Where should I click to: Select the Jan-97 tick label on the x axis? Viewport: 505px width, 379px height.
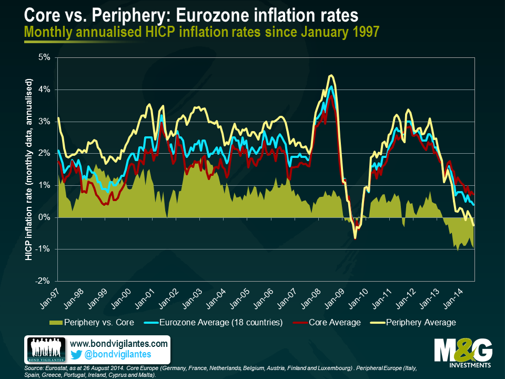[50, 297]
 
